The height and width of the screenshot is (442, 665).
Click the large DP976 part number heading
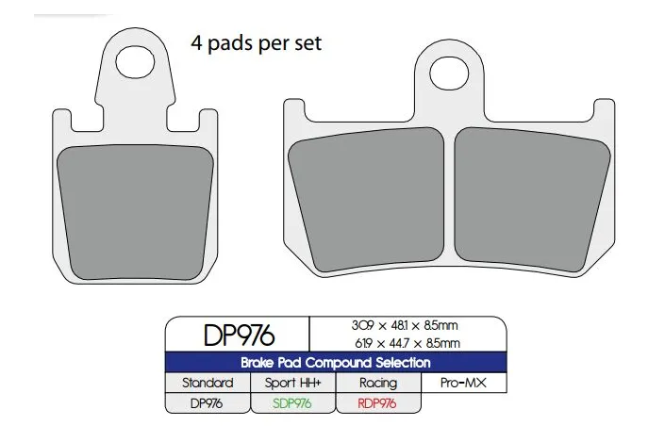click(x=238, y=335)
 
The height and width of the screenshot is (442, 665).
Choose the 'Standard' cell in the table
click(x=208, y=384)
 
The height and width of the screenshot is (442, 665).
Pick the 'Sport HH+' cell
click(x=292, y=384)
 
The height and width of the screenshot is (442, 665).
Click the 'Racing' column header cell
click(x=377, y=384)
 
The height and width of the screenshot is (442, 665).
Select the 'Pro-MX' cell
click(x=463, y=384)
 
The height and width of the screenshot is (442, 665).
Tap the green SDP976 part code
click(x=292, y=403)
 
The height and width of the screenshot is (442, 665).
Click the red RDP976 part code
click(x=377, y=403)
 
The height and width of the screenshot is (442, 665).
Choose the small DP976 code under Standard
click(x=208, y=403)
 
